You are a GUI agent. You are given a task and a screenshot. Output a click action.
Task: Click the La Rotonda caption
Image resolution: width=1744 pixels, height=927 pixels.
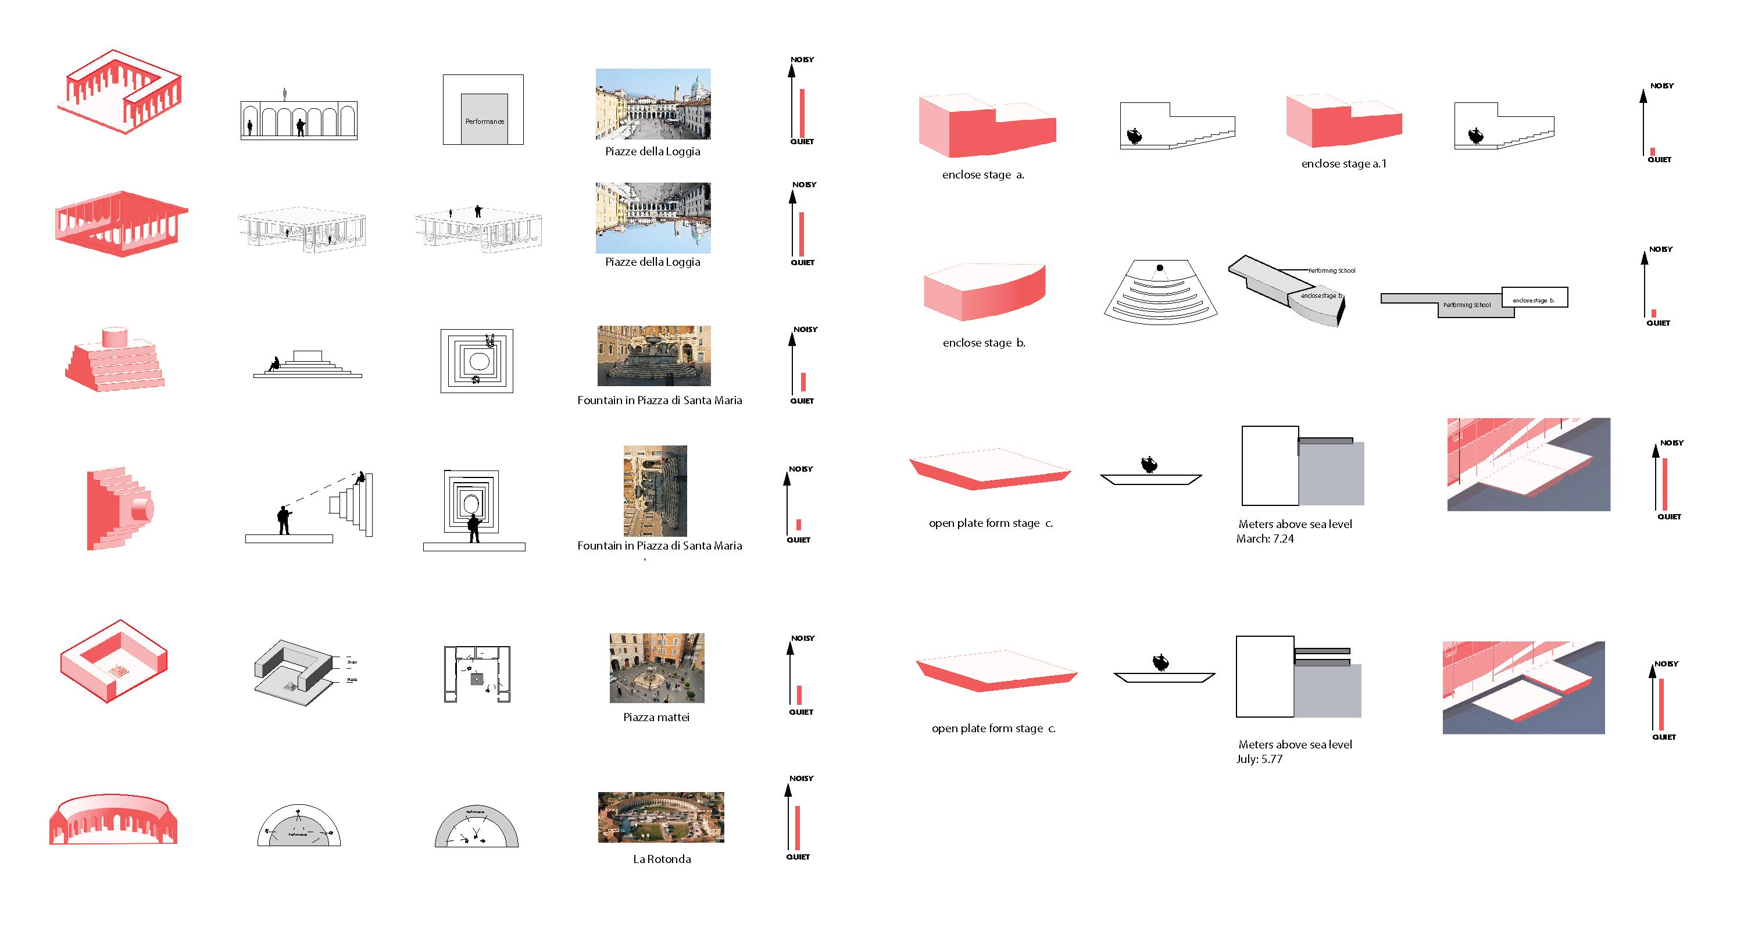[662, 858]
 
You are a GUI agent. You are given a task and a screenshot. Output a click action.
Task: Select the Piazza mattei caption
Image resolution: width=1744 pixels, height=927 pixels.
[656, 717]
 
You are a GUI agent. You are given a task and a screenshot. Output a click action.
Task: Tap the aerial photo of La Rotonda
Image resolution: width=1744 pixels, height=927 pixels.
[661, 817]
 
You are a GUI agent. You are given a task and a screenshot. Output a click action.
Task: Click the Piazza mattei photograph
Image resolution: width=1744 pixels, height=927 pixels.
[657, 668]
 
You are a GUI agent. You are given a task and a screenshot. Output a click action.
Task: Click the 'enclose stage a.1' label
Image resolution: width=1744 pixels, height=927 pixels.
[1343, 164]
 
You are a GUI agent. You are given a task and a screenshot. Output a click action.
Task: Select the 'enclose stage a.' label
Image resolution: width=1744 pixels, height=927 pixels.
[983, 174]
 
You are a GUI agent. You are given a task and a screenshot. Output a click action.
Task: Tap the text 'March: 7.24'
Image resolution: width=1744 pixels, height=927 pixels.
[1264, 539]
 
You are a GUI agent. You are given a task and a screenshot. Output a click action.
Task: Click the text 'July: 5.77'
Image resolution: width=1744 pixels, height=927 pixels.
[1259, 759]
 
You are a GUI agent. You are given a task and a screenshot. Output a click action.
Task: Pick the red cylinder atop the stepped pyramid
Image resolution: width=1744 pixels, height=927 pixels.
[115, 337]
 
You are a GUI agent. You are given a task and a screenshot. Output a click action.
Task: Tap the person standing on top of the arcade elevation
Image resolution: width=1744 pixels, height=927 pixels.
[285, 94]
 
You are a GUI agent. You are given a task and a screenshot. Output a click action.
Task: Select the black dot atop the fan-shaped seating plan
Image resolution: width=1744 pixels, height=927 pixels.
[1160, 268]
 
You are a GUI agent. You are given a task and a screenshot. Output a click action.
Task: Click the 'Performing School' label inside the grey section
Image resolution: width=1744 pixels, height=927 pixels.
[1467, 305]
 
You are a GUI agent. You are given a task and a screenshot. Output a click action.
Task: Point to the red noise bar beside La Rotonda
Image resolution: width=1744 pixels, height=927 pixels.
[798, 828]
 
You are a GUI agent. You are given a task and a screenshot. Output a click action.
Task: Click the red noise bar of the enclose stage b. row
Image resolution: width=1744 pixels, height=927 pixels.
[1653, 313]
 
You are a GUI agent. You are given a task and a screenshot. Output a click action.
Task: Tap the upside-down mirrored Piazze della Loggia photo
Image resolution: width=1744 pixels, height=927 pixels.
[653, 218]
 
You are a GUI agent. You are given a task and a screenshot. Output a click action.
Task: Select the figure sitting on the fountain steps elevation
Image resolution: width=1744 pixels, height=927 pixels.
[274, 364]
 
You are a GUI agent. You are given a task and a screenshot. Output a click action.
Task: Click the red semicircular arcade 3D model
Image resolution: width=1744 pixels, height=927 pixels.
[113, 820]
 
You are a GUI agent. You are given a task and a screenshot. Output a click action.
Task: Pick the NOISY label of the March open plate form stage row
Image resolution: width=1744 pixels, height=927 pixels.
[1671, 443]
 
